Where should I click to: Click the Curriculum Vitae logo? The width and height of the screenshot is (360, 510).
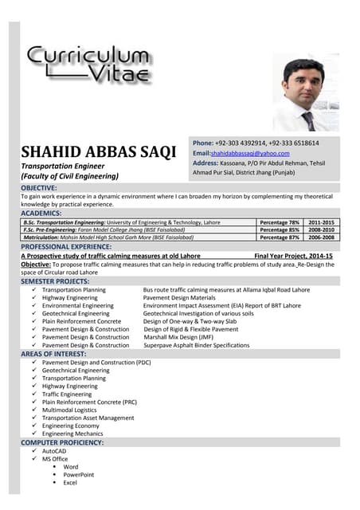[88, 65]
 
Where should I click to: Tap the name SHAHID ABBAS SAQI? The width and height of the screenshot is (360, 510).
[98, 151]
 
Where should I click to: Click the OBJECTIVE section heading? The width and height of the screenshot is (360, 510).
[45, 187]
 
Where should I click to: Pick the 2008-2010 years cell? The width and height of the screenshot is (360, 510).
[322, 229]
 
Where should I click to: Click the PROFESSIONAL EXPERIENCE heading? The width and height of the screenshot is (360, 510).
[66, 247]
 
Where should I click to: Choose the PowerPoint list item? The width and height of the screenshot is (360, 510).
[79, 475]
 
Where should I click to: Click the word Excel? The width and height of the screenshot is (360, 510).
[70, 483]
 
